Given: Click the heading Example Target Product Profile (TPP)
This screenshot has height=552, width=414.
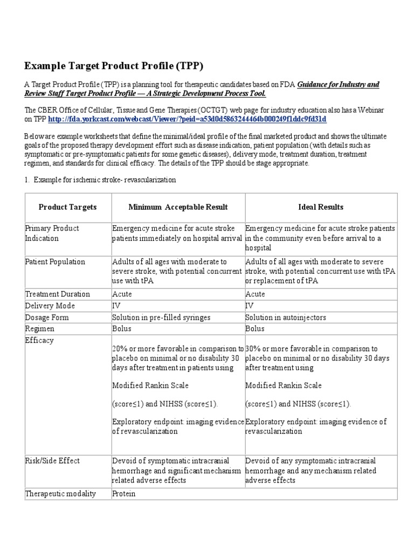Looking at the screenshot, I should (114, 66).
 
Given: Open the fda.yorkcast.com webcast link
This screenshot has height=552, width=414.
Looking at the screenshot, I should (187, 119).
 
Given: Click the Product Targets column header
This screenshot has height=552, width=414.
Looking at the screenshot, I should (68, 207).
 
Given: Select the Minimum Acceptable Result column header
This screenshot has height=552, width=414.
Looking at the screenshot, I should (178, 207).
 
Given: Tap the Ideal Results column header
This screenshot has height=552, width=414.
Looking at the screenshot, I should (321, 207).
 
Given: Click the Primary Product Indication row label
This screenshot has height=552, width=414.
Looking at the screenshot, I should (52, 233).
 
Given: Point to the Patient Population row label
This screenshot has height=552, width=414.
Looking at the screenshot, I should (55, 261).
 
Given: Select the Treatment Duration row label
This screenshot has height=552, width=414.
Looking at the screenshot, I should (58, 294).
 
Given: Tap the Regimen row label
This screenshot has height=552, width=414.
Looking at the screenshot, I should (39, 328).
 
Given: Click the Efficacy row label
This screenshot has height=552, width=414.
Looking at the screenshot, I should (39, 340).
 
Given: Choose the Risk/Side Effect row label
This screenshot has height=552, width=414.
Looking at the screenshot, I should (52, 460).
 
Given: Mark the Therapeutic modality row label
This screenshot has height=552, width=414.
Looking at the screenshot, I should (60, 493).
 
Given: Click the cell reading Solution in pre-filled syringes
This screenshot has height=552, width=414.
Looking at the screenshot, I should (161, 318).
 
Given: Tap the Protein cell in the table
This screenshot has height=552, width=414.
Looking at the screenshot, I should (124, 493).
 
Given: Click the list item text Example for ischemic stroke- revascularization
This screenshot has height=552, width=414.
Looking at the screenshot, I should (105, 179).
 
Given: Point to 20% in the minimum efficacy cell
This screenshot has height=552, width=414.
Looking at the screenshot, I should (120, 349).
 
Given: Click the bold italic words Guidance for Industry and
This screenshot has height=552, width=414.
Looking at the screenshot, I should (338, 84).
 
